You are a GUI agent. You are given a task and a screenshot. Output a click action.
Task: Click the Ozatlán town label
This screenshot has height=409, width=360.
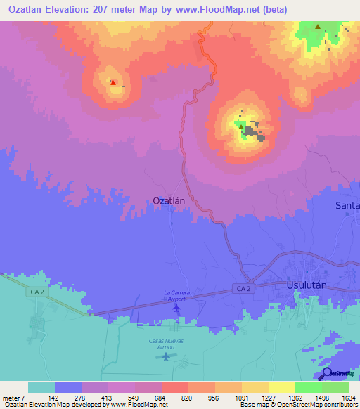coord(169,200)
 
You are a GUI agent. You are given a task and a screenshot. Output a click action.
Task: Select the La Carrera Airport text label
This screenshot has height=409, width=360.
coord(178,295)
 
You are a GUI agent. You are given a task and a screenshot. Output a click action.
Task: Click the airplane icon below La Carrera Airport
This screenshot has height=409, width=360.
coord(176,308)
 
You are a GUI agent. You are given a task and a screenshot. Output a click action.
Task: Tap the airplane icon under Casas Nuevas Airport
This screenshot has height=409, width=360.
coord(166,356)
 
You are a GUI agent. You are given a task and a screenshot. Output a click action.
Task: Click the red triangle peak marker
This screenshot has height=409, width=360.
coord(112,82)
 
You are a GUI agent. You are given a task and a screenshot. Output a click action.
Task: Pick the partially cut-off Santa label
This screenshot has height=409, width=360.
coord(347,205)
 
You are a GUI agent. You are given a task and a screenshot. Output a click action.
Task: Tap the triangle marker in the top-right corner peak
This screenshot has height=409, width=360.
coord(318,27)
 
